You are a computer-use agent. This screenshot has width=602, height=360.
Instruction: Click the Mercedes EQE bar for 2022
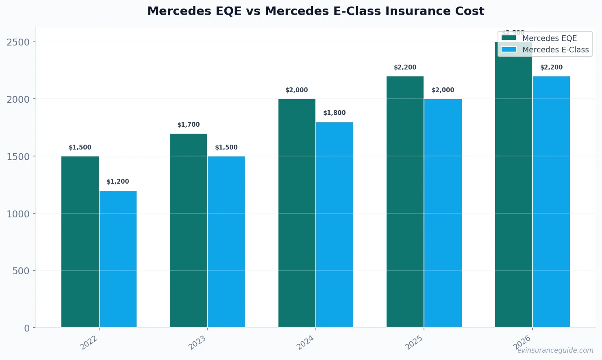pyautogui.click(x=80, y=242)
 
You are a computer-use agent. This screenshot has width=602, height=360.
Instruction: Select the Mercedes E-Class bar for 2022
pyautogui.click(x=118, y=259)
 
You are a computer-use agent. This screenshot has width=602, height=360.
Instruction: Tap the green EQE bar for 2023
pyautogui.click(x=188, y=230)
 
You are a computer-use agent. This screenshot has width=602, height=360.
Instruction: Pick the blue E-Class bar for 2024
pyautogui.click(x=335, y=225)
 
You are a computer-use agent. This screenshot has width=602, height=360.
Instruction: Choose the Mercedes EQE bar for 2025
pyautogui.click(x=405, y=202)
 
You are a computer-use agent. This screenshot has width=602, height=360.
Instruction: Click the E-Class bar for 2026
pyautogui.click(x=551, y=202)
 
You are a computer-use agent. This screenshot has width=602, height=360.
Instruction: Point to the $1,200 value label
pyautogui.click(x=118, y=182)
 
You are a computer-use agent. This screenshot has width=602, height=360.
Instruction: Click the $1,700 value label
pyautogui.click(x=189, y=125)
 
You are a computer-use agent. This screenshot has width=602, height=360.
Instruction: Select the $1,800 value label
pyautogui.click(x=335, y=113)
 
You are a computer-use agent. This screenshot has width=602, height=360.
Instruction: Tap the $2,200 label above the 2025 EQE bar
pyautogui.click(x=405, y=67)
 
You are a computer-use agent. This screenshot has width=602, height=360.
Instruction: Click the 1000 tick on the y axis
pyautogui.click(x=18, y=214)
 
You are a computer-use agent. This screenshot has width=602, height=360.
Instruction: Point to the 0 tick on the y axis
pyautogui.click(x=27, y=328)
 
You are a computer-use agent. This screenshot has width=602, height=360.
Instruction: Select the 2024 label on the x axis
pyautogui.click(x=305, y=343)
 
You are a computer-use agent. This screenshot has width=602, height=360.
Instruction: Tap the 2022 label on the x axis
pyautogui.click(x=89, y=343)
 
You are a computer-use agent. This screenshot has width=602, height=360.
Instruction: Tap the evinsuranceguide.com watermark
pyautogui.click(x=555, y=350)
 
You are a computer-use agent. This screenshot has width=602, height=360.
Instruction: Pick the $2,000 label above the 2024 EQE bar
pyautogui.click(x=297, y=90)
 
